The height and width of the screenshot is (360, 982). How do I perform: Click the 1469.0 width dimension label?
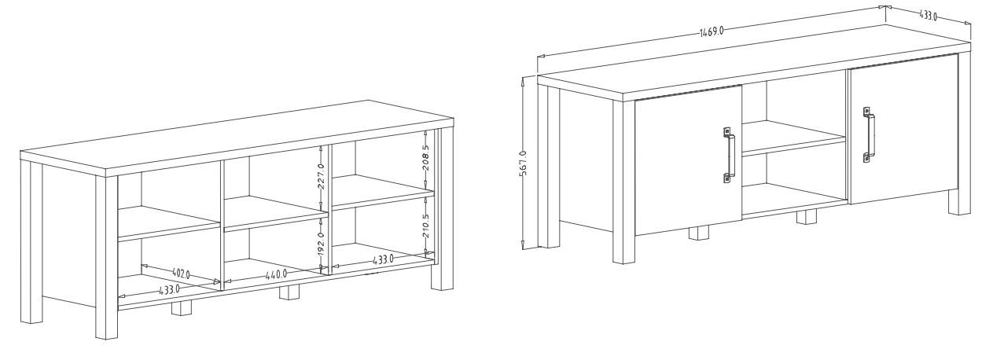coord(711,31)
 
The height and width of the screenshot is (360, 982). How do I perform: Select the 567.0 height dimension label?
coord(523,163)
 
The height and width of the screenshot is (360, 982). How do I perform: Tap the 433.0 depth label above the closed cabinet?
coord(928,16)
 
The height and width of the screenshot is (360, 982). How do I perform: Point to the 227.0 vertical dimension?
coord(321,176)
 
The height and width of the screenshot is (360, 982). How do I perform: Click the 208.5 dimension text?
coord(426,158)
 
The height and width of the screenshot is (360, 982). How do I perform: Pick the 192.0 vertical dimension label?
coord(321,244)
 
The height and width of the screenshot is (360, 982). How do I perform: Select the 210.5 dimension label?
coord(426,226)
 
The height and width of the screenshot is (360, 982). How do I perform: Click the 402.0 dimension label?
coord(181,274)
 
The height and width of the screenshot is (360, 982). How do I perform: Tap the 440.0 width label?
coord(277,275)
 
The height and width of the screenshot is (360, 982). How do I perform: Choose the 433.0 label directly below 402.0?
coord(170,289)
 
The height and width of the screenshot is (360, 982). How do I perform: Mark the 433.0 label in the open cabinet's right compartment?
coord(383,259)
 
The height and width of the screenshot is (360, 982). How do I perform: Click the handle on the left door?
coord(729,155)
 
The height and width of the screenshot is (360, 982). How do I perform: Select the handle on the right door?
coord(869,134)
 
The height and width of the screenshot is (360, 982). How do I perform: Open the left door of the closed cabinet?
coord(688,160)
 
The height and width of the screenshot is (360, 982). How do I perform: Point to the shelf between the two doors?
coord(793,138)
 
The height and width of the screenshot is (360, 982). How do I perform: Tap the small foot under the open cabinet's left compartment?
coord(182,308)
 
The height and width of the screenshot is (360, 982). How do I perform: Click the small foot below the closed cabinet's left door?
coord(699,233)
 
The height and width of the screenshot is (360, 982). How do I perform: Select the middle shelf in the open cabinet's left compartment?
coord(169,224)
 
